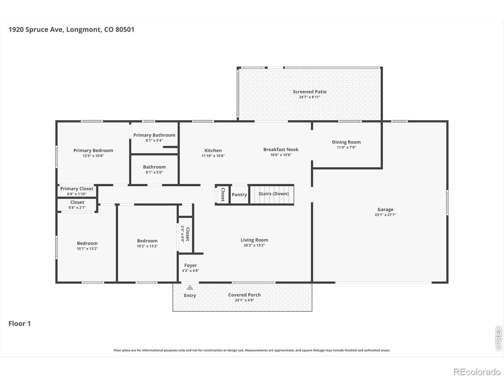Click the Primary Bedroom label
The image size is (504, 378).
tap(93, 150)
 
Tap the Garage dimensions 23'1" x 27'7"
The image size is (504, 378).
tap(385, 215)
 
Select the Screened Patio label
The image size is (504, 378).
tap(310, 92)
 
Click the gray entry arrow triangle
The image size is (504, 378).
tap(190, 287)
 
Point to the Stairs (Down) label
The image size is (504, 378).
tap(273, 194)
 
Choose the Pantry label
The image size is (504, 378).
tap(239, 195)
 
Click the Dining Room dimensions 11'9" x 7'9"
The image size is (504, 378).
tap(346, 147)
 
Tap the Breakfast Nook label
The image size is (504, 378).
tap(281, 149)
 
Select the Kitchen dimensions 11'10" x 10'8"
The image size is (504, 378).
tap(213, 156)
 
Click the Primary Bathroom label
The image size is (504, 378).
tap(154, 135)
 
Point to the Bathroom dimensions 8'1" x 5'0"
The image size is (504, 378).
tap(154, 172)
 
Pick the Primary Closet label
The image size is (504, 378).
tap(77, 189)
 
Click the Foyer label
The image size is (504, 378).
tap(190, 265)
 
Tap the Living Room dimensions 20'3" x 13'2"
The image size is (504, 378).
tap(254, 245)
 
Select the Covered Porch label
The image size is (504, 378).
tap(244, 295)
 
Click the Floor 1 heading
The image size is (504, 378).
tap(20, 324)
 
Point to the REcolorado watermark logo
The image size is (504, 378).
tap(477, 372)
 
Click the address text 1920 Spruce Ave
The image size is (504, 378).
tap(36, 30)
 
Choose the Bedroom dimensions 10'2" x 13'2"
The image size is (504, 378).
tap(147, 246)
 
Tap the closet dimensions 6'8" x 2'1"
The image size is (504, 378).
tap(77, 208)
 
